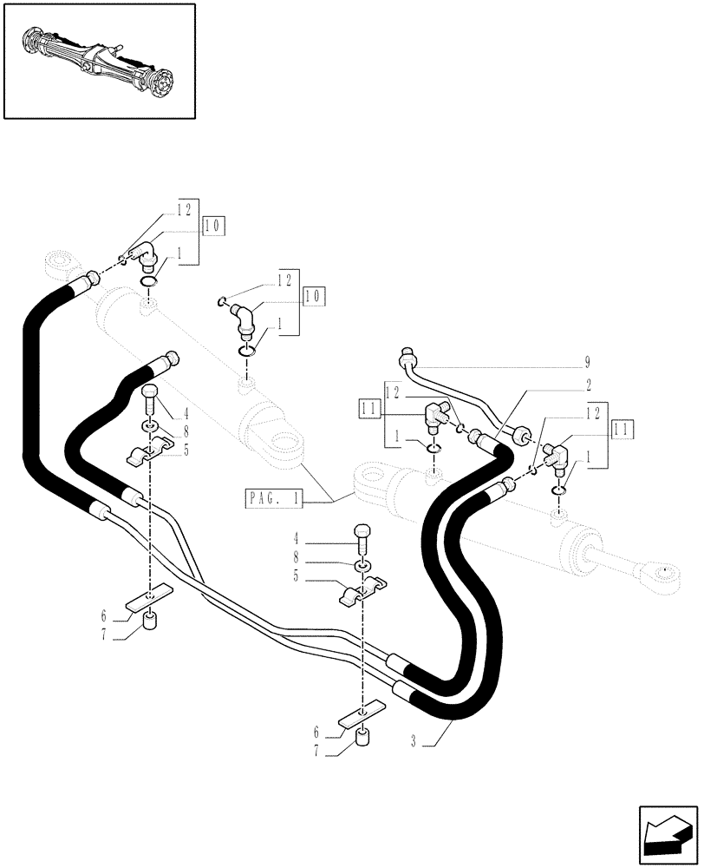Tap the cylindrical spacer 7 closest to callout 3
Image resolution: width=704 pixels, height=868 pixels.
362,740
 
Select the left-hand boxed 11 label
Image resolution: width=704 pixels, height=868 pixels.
368,405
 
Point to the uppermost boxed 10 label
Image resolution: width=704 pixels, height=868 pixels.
212,227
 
